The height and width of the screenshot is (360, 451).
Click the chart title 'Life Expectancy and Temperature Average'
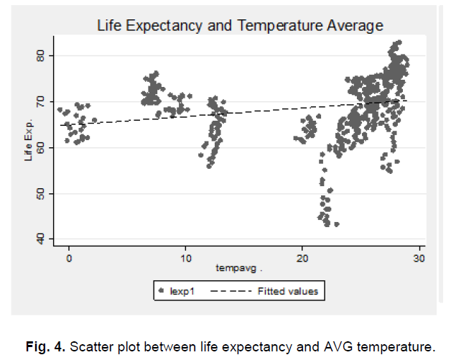(240, 25)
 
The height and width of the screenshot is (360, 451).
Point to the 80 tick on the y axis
(42, 55)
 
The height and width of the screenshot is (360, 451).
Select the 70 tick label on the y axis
(42, 101)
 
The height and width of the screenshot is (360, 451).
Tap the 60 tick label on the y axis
(42, 147)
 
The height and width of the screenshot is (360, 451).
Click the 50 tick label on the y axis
(42, 193)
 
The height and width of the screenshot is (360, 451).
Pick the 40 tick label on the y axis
(42, 239)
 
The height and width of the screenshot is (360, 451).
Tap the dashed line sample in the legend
(231, 291)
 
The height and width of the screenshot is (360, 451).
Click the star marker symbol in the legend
(162, 291)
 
